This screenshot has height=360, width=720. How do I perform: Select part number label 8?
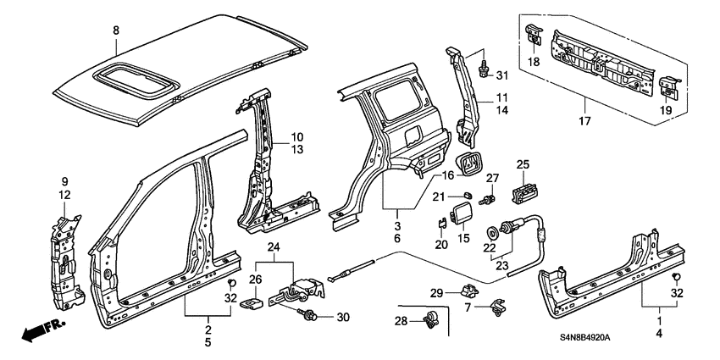[116, 30]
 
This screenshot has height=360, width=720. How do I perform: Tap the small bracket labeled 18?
[533, 35]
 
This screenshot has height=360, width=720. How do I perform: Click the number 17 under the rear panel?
[585, 121]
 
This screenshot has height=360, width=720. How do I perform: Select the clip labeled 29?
[468, 291]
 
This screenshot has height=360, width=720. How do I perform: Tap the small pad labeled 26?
[252, 302]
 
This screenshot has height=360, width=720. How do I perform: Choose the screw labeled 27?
[487, 201]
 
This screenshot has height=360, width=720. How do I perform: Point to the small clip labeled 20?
[441, 223]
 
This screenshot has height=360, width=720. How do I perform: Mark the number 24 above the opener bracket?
[274, 247]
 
